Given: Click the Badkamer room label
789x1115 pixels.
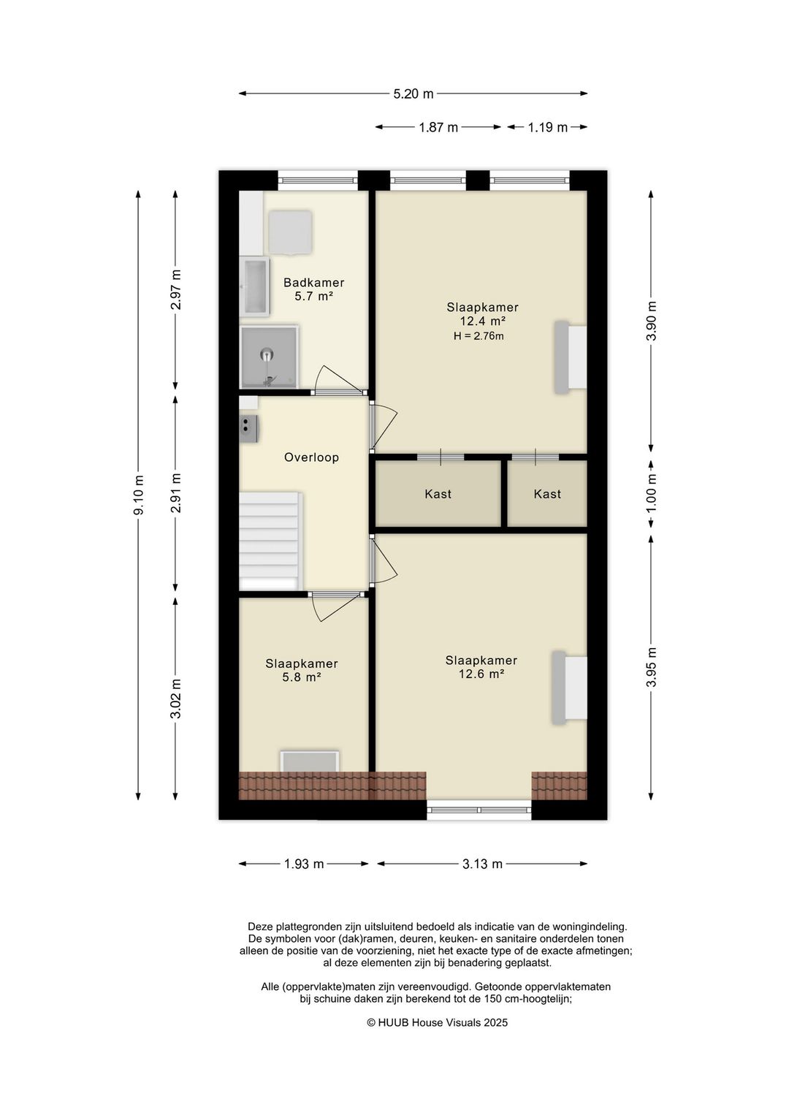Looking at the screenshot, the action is [313, 283].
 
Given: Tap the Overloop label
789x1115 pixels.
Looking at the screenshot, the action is [312, 457].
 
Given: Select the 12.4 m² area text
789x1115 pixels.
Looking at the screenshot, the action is [482, 321].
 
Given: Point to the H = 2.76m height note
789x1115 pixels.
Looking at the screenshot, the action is [479, 337].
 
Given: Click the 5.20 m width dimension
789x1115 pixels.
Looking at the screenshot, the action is [413, 94].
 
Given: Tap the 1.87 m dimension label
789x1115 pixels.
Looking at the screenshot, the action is [438, 127].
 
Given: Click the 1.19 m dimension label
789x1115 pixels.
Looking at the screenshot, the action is [548, 127].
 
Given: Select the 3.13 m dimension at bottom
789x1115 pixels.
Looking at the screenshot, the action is [482, 864].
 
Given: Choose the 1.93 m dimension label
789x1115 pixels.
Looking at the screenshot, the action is [304, 864].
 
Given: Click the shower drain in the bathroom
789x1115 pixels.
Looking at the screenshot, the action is [267, 355].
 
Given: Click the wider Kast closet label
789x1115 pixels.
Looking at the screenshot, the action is [438, 494].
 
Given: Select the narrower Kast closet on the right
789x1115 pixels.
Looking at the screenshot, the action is [547, 494].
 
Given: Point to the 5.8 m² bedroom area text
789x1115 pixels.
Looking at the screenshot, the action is [301, 677].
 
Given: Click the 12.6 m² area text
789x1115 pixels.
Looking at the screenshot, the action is [481, 674].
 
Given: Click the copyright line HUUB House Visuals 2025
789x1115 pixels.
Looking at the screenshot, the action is [438, 1023].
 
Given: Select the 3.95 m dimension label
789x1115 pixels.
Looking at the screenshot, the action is [651, 668].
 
